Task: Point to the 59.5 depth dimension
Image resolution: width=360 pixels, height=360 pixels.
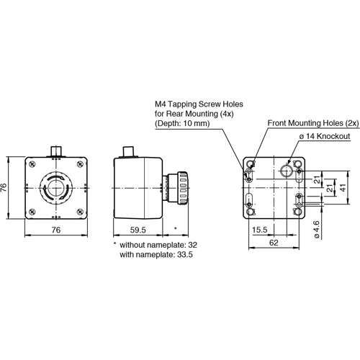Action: (138, 230)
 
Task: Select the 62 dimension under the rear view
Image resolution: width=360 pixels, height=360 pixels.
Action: (274, 243)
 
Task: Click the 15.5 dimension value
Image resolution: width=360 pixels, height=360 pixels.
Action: (261, 230)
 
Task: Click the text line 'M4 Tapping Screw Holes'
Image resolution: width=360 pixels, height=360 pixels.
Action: (194, 104)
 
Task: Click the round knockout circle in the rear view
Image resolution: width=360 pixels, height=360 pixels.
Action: (287, 170)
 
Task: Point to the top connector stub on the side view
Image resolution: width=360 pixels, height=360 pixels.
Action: (130, 151)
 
